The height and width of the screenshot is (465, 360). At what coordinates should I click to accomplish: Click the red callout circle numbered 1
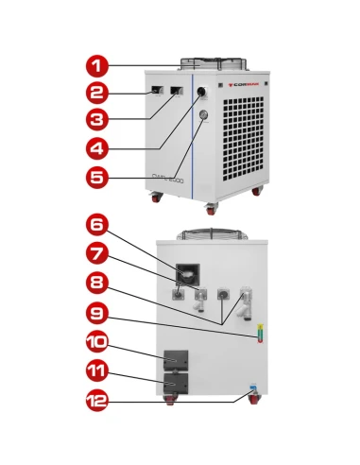96,66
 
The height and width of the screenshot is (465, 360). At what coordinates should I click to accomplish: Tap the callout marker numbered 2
96,93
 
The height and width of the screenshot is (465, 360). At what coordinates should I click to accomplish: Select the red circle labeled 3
96,119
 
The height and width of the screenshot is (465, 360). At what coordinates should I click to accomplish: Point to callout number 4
96,147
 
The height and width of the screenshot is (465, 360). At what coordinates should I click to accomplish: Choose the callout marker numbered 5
96,176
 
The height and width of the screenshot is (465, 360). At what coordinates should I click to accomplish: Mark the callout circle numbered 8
96,283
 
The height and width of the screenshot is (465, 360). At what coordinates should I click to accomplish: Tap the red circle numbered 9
96,310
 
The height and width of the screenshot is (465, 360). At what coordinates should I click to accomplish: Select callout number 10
96,340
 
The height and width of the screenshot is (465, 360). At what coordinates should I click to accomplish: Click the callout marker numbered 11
96,370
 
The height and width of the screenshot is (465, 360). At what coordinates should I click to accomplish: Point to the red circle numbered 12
96,401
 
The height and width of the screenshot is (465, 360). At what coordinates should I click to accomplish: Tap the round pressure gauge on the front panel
201,116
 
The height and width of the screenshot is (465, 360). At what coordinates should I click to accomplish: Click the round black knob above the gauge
201,94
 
